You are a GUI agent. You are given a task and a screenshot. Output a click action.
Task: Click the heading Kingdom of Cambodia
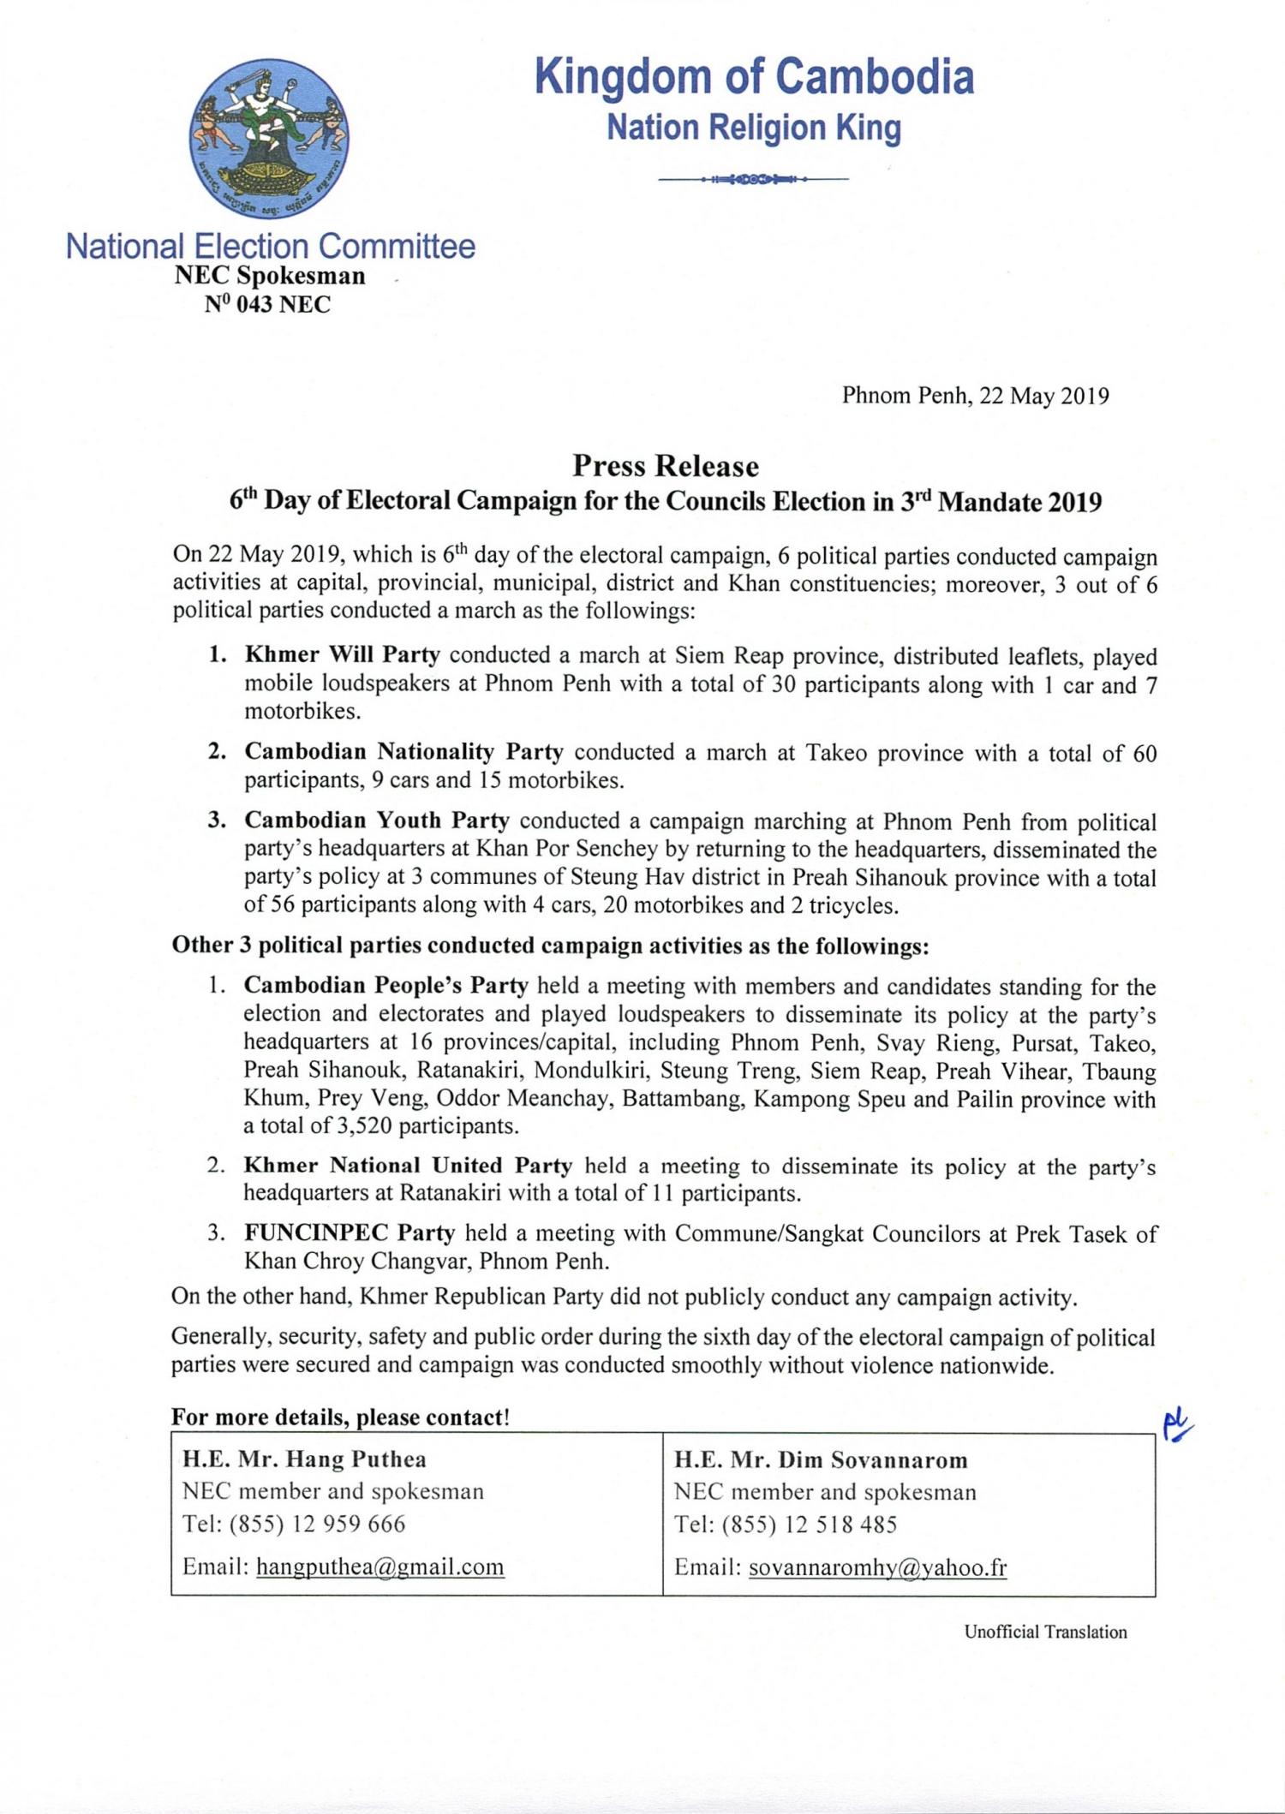coord(754,77)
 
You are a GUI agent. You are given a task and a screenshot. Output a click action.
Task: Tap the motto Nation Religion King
coord(754,128)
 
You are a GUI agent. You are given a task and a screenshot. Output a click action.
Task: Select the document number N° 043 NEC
coord(267,305)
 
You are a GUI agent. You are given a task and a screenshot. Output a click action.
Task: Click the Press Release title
coord(666,466)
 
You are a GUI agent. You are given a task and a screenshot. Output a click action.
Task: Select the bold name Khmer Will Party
coord(342,655)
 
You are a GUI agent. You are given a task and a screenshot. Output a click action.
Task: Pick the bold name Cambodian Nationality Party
coord(403,752)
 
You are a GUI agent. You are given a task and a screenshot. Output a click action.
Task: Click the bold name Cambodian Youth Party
coord(377,820)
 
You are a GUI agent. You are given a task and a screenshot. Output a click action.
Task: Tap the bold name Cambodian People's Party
coord(385,986)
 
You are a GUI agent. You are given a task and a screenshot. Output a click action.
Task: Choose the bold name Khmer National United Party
coord(408,1166)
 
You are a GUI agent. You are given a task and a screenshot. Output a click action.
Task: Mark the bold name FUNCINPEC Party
coord(349,1233)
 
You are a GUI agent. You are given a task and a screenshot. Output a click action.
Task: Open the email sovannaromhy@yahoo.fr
coord(877,1567)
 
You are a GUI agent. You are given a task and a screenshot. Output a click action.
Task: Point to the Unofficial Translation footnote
coord(1045,1632)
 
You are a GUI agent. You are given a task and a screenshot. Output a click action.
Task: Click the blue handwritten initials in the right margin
coord(1177,1423)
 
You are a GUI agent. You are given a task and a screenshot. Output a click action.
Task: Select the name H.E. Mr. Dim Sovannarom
coord(821,1460)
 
